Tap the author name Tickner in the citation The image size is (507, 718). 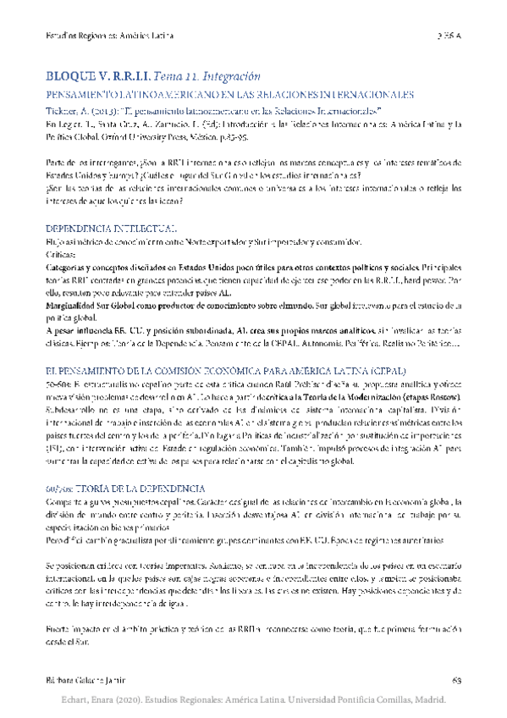point(63,111)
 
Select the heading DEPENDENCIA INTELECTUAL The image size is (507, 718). point(111,229)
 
